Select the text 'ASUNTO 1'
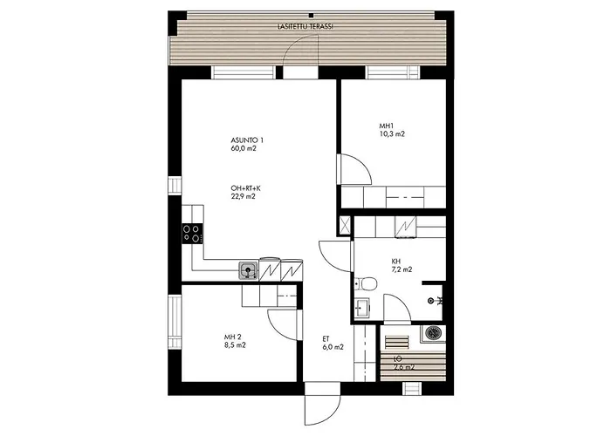[247, 140]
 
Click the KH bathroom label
[396, 261]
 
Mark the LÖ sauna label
[398, 358]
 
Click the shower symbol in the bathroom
[439, 301]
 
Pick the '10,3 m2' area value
[392, 134]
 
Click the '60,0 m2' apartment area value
[244, 149]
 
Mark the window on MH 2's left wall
[174, 324]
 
